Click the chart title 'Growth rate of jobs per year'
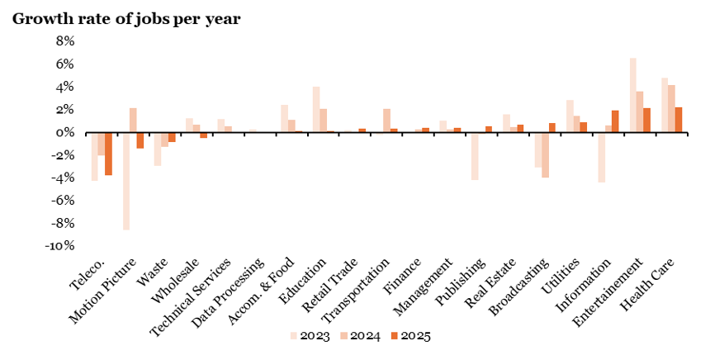point(125,18)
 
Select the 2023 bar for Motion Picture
point(126,181)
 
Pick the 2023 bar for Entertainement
point(633,95)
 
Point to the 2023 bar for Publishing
point(475,156)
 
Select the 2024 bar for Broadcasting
point(545,155)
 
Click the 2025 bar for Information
point(615,121)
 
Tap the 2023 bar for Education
point(316,109)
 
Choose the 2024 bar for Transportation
point(387,121)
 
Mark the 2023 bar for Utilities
point(570,116)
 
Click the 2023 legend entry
point(310,336)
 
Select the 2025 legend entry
point(410,336)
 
